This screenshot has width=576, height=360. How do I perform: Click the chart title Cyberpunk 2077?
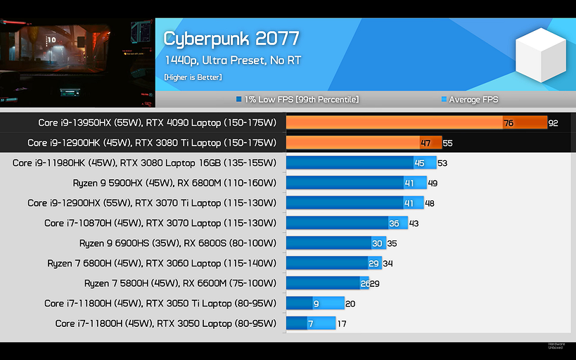click(231, 38)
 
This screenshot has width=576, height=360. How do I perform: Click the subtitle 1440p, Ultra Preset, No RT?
click(232, 60)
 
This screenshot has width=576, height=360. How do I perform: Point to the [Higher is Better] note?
click(193, 77)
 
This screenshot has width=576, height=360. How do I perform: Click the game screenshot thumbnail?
click(77, 53)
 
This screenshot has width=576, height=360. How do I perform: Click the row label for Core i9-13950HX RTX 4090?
click(158, 123)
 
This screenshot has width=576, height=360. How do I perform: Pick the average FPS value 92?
click(553, 123)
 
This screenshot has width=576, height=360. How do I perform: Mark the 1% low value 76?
click(508, 123)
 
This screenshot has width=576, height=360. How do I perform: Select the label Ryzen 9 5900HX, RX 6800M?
click(174, 183)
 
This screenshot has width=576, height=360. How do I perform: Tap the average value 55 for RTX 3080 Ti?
click(448, 143)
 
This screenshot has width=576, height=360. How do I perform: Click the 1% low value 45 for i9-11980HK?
click(419, 163)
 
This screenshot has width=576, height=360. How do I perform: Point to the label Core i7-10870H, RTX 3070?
click(160, 223)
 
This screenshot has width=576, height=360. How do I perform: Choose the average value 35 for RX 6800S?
click(392, 243)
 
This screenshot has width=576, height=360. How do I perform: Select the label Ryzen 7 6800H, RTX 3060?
click(162, 263)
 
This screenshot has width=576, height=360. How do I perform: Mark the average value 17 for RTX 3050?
click(342, 323)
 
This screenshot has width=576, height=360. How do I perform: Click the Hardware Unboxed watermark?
click(556, 345)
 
